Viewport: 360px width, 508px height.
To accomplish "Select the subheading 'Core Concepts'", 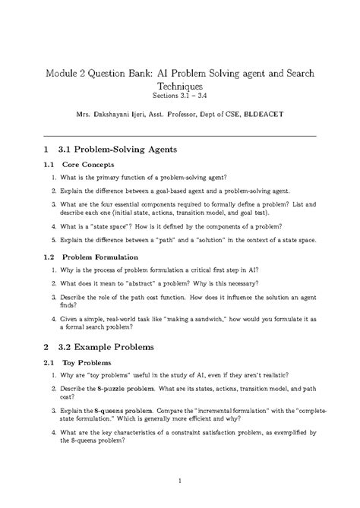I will pos(88,164).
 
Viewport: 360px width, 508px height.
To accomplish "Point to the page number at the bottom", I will pos(179,481).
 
